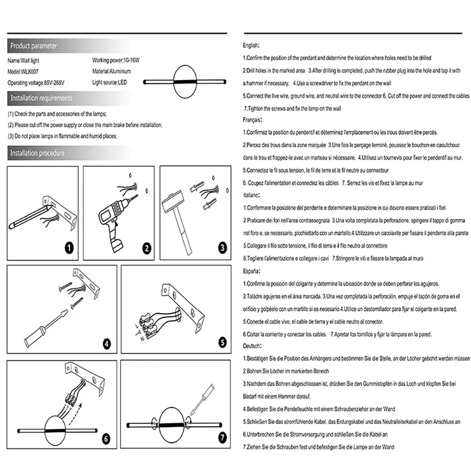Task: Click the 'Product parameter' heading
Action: [x=33, y=46]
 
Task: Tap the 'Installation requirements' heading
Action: [x=41, y=98]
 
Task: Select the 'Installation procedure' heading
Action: [x=37, y=153]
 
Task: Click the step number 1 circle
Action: [x=69, y=248]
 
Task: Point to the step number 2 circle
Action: [x=146, y=248]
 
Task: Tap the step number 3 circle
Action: [x=223, y=247]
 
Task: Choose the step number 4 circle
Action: [x=107, y=343]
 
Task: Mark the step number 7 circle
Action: [x=222, y=438]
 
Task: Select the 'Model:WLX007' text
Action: [x=23, y=72]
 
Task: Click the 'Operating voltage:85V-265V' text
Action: [x=36, y=82]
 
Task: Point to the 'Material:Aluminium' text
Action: [x=112, y=72]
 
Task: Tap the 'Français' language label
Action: [x=252, y=120]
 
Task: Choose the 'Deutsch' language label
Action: [x=252, y=346]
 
